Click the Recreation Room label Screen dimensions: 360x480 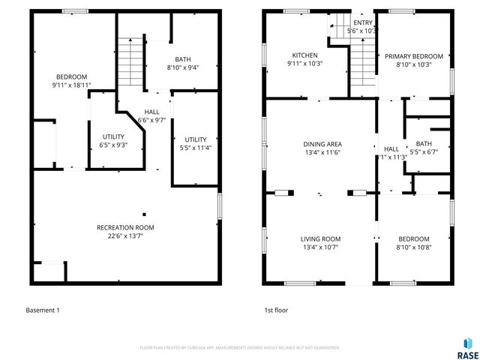coord(125,227)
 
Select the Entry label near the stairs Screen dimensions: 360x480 coord(362,22)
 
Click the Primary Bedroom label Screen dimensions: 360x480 coord(414,56)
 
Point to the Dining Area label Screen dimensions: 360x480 coord(322,144)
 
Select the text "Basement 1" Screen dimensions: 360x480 coord(43,310)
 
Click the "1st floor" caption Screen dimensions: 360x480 coord(275,310)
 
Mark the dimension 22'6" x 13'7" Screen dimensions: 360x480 coord(125,236)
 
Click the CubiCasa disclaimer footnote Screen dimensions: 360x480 coord(240,348)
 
